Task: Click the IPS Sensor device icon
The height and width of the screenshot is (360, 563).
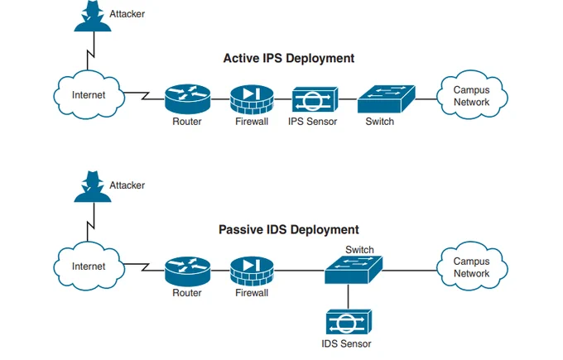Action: (x=315, y=99)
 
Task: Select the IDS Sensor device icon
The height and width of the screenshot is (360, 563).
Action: (x=349, y=322)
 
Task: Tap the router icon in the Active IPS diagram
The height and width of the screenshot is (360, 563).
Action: (x=187, y=99)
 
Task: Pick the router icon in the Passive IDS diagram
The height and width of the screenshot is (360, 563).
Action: (x=187, y=271)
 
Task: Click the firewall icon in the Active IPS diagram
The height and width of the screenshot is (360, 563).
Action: (x=252, y=99)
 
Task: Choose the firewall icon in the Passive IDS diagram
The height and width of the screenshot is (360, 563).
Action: (x=252, y=271)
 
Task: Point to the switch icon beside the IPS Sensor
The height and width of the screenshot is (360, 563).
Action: (x=387, y=99)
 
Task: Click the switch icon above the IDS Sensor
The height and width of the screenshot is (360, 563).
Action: (x=354, y=270)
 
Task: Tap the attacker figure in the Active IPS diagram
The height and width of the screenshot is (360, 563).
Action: (x=93, y=17)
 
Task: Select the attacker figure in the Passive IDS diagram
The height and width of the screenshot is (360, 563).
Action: (x=93, y=187)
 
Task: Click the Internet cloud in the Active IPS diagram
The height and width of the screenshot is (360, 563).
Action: (x=89, y=94)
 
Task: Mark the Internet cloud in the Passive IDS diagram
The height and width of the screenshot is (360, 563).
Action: (x=89, y=266)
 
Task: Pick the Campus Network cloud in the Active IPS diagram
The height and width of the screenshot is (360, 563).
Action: (x=472, y=94)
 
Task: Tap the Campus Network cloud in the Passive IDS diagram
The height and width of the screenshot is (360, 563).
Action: (x=472, y=266)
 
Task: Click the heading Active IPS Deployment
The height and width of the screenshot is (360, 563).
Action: (x=289, y=58)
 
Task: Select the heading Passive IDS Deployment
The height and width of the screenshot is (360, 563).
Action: (x=289, y=230)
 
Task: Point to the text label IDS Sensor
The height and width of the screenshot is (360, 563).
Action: (x=346, y=343)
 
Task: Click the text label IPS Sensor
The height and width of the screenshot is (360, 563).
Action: (x=312, y=122)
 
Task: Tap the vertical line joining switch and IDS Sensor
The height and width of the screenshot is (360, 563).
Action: (x=348, y=296)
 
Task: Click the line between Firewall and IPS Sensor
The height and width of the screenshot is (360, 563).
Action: (x=283, y=99)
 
